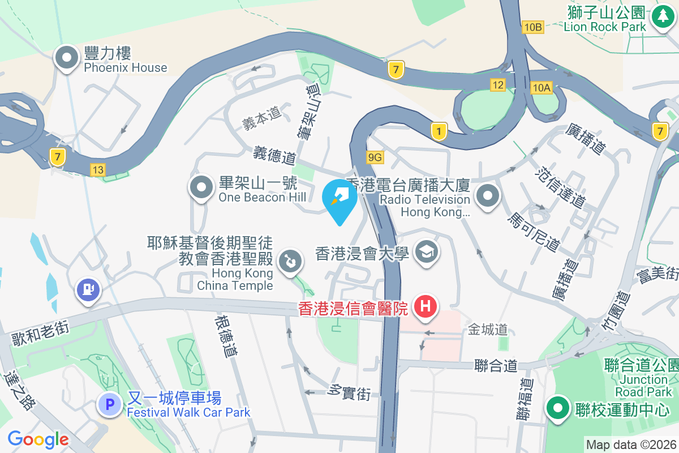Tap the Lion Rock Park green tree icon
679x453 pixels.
click(661, 16)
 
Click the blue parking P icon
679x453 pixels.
click(110, 404)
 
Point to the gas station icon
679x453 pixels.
click(88, 289)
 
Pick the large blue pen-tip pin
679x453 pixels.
click(339, 200)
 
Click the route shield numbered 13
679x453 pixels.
click(98, 169)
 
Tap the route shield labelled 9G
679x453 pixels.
click(375, 157)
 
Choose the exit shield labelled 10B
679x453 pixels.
click(533, 27)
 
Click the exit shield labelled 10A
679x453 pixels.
click(541, 87)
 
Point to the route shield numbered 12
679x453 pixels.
click(498, 85)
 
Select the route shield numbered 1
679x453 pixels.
click(439, 131)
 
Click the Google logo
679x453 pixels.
click(38, 439)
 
